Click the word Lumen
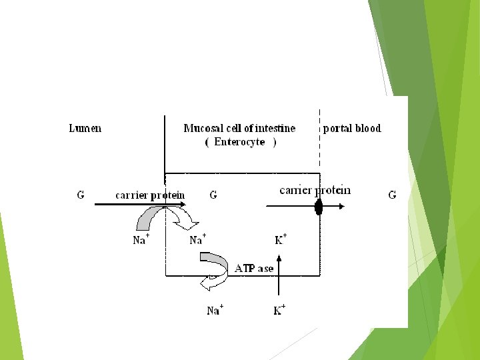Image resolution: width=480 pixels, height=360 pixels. [x=85, y=128]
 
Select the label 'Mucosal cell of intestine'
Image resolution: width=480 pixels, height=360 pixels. [x=239, y=128]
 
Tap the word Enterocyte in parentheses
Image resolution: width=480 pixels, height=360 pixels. [x=240, y=142]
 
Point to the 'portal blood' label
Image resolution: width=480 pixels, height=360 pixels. [x=352, y=128]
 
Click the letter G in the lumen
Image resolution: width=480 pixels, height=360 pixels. [x=81, y=195]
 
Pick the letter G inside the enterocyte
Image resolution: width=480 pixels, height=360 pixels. [x=213, y=195]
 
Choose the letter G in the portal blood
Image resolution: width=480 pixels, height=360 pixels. [x=392, y=195]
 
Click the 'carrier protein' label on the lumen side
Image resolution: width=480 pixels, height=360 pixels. [x=150, y=195]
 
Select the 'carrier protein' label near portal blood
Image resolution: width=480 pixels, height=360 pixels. [x=315, y=191]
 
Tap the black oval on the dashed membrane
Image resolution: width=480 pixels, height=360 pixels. [x=319, y=207]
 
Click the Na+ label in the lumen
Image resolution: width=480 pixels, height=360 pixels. [x=141, y=240]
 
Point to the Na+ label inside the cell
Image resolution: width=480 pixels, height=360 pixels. [x=197, y=240]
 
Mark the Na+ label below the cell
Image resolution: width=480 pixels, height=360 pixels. [x=215, y=310]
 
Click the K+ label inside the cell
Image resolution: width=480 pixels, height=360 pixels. [x=280, y=239]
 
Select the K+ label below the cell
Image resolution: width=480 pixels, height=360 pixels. [x=279, y=310]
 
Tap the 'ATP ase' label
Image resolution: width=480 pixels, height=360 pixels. [x=254, y=268]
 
